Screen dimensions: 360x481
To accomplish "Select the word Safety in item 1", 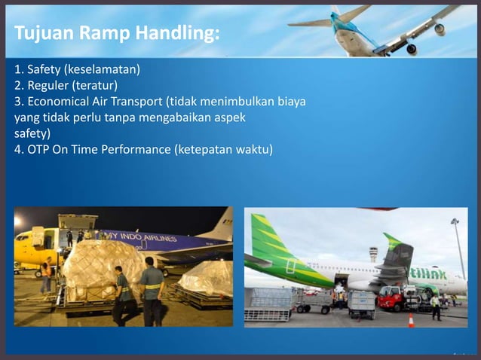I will [x=44, y=70].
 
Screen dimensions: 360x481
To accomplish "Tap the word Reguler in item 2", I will [x=48, y=85].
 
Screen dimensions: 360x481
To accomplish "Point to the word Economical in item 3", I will [x=60, y=102].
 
